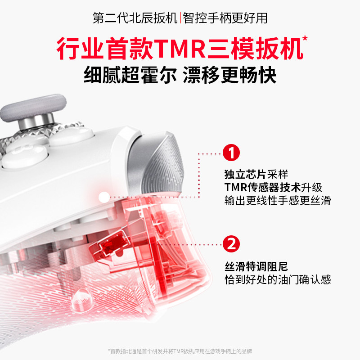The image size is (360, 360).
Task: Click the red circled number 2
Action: point(231,244)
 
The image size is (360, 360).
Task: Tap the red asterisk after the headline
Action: point(305,39)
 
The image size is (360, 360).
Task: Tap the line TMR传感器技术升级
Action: point(274,188)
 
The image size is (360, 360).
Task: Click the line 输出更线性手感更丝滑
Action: point(278,201)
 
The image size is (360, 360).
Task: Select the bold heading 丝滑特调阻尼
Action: point(254,266)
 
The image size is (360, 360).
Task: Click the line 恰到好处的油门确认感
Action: point(278,279)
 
